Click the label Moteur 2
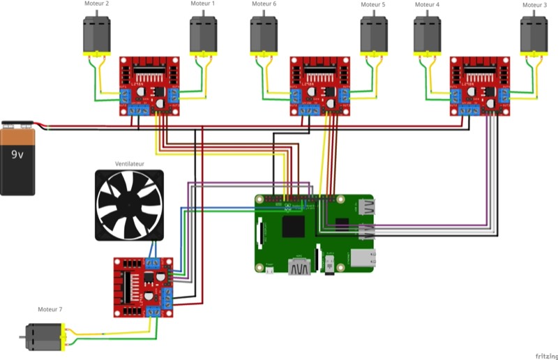coord(97,4)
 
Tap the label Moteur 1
coord(203,4)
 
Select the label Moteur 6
coord(264,4)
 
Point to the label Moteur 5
coord(373,4)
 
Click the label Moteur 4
coord(428,4)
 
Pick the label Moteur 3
coord(535,4)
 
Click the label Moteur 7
coord(50,309)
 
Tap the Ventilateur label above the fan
coord(129,164)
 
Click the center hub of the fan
coord(129,206)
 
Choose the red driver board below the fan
coord(143,286)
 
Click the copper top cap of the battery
coord(17,126)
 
